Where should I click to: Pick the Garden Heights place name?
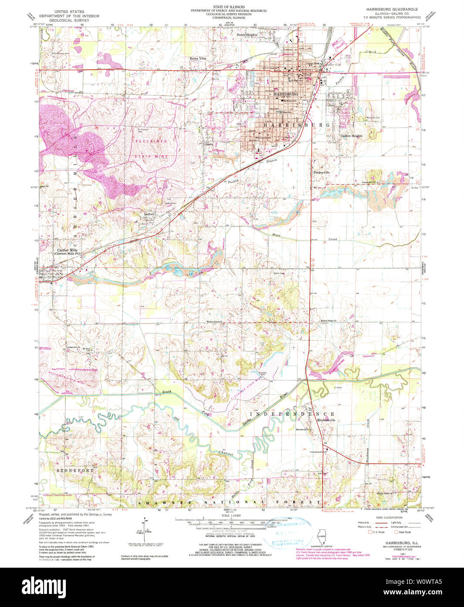pyautogui.click(x=351, y=136)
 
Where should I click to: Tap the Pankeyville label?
pyautogui.click(x=322, y=172)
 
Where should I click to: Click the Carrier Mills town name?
pyautogui.click(x=67, y=250)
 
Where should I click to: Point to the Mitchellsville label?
pyautogui.click(x=326, y=420)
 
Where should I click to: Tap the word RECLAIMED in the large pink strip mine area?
pyautogui.click(x=151, y=141)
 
